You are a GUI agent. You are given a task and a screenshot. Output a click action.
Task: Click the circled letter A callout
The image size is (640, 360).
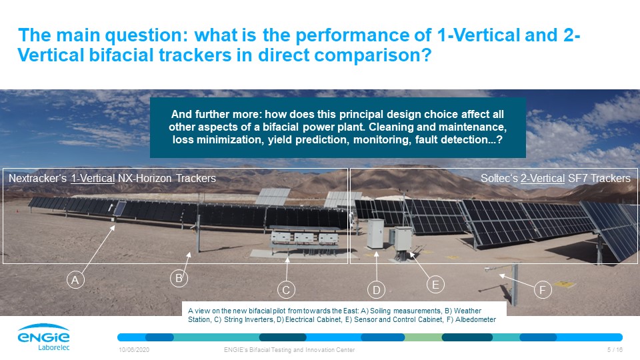[75, 280]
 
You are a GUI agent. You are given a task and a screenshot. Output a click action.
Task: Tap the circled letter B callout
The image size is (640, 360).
[179, 279]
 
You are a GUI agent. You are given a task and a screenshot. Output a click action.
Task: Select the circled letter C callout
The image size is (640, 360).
[286, 290]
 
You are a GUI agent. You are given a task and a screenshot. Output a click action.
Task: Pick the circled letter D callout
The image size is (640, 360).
[376, 290]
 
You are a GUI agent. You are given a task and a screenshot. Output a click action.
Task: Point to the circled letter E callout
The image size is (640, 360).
[435, 285]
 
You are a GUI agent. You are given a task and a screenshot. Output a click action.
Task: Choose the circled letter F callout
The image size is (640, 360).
[543, 290]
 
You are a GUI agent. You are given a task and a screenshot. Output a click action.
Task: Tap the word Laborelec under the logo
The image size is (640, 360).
[54, 348]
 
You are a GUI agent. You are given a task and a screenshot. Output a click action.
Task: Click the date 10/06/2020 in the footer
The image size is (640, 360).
[134, 350]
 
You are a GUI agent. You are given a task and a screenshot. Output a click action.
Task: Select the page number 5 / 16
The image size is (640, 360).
[615, 350]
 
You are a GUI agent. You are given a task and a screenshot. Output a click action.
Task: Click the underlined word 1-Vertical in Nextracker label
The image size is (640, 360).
[93, 179]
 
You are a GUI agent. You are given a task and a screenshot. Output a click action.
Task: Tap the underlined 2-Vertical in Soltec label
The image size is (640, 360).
[543, 179]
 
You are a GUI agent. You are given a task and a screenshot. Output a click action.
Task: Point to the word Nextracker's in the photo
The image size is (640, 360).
[37, 179]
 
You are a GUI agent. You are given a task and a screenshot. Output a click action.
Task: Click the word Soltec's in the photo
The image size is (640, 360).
[499, 179]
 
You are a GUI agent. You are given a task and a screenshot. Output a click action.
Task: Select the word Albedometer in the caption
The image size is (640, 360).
[475, 319]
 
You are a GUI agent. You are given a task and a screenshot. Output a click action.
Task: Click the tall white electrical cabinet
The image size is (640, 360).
[375, 234]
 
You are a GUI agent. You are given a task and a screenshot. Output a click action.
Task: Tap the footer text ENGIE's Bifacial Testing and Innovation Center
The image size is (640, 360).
[289, 350]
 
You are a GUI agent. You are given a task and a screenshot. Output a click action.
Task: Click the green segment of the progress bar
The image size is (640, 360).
[423, 337]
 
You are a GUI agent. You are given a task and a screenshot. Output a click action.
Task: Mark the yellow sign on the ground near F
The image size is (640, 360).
[565, 284]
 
